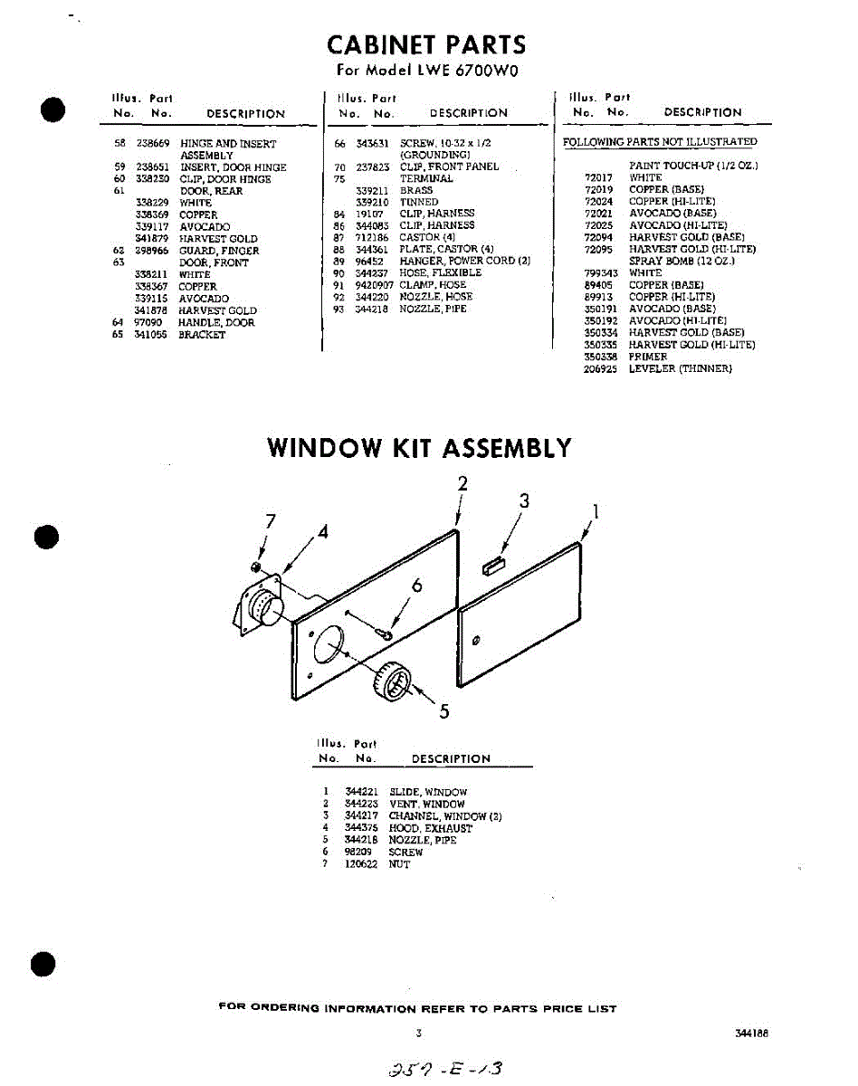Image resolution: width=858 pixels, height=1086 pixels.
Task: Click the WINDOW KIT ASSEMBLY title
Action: point(420,448)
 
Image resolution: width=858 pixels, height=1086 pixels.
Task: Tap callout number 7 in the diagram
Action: point(269,520)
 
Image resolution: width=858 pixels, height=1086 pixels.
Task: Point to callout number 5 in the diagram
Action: point(443,710)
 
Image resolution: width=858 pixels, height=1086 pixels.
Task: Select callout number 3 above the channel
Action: point(523,500)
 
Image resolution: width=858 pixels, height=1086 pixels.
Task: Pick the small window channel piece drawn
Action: point(493,567)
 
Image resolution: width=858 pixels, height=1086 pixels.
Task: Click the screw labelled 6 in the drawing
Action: point(386,634)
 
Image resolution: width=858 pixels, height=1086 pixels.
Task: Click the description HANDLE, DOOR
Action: point(216,322)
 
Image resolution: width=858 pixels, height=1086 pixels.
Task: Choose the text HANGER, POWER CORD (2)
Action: point(464,261)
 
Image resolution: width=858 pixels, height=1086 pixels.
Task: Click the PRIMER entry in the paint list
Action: point(648,357)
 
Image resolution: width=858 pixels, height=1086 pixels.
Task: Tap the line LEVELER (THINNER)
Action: point(680,369)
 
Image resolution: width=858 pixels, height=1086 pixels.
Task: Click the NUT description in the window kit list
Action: point(399,864)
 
